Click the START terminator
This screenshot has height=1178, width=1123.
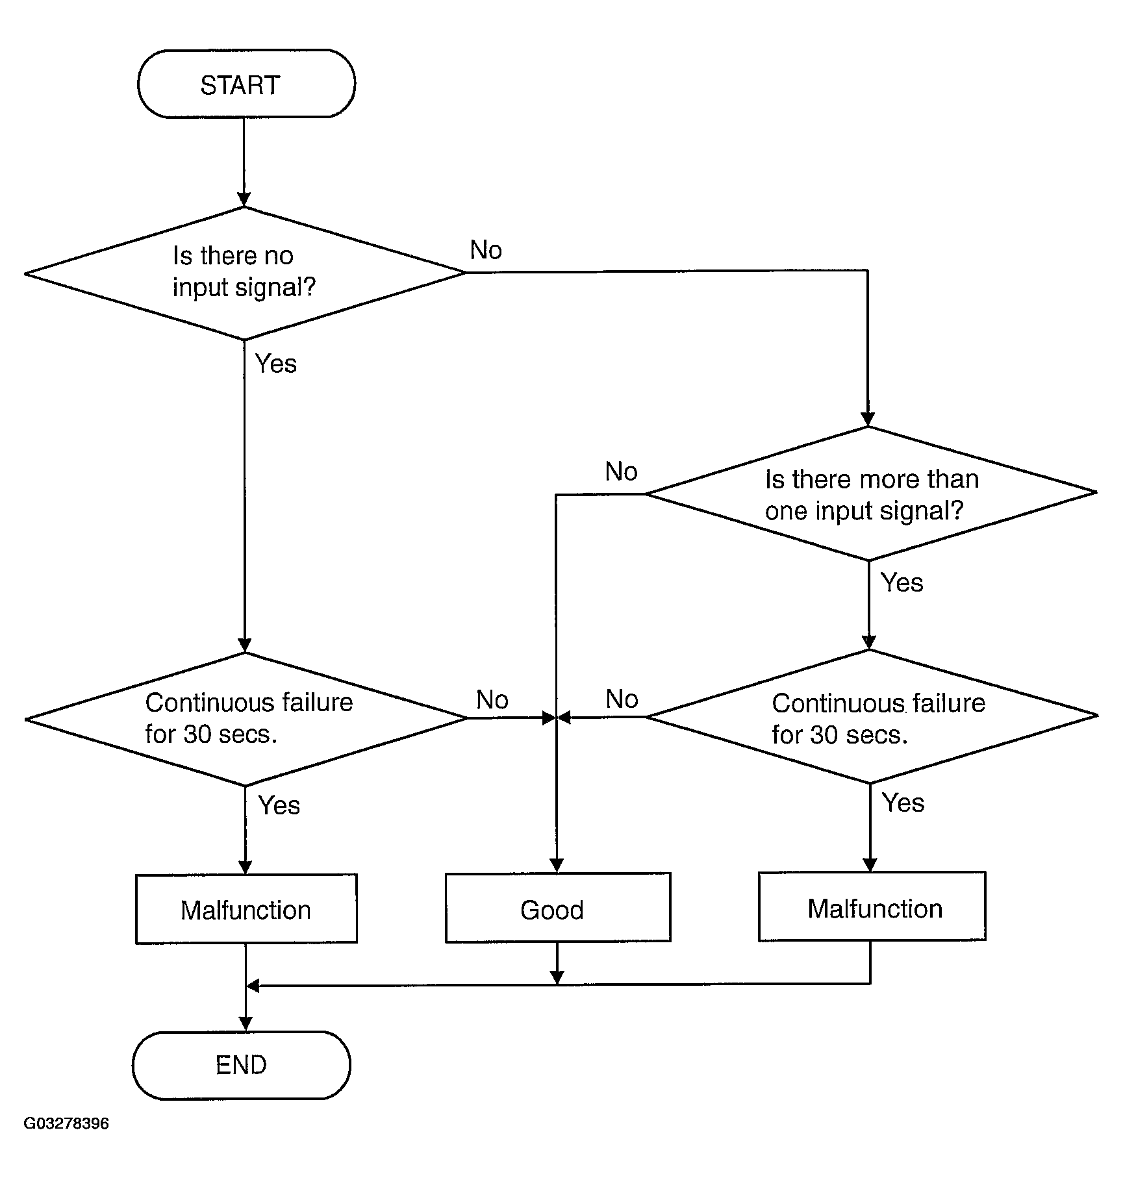pos(246,84)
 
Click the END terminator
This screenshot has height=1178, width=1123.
pos(241,1065)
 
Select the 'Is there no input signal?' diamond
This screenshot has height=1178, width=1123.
pos(245,273)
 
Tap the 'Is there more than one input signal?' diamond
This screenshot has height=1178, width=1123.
pos(870,494)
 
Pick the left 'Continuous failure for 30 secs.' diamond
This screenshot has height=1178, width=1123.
pos(246,718)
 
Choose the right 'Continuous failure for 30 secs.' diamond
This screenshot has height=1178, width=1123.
pos(872,717)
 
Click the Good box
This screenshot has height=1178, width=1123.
pos(557,908)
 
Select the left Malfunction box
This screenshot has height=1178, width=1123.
pos(246,909)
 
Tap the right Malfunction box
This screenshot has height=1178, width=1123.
pos(872,907)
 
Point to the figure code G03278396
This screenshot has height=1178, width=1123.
pos(66,1123)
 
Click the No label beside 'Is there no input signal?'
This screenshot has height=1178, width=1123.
pos(486,250)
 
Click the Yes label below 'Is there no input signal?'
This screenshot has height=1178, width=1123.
pos(275,364)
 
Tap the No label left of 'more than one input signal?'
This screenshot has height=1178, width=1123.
pos(621,471)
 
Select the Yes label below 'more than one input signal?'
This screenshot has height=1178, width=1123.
pos(902,583)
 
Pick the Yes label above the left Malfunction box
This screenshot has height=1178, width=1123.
pos(279,805)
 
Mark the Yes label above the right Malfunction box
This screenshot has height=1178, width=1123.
pos(903,803)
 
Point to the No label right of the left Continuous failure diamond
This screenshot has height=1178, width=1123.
pos(492,700)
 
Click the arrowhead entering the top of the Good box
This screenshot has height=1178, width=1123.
pos(557,865)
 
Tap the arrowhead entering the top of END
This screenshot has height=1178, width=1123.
pos(246,1024)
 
